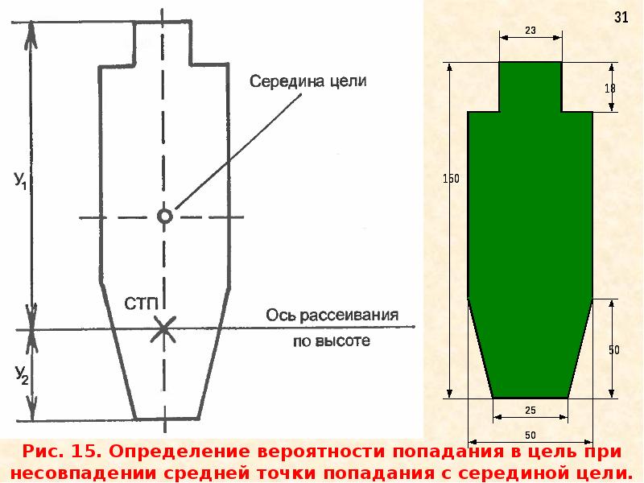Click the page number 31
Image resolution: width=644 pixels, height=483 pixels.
tap(621, 18)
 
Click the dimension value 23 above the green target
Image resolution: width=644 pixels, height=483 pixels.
tap(530, 31)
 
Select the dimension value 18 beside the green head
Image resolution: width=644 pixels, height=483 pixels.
tap(610, 89)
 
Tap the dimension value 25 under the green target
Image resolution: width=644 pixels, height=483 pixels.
tap(530, 411)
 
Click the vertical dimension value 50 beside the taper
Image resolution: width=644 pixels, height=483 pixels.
tap(613, 350)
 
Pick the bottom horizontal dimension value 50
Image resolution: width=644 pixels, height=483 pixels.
tap(530, 436)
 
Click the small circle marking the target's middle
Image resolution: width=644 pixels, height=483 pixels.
tap(164, 216)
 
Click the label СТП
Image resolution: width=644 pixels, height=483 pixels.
tap(142, 303)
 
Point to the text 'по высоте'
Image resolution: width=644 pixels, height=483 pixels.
tap(330, 341)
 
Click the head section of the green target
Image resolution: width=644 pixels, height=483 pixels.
tap(530, 86)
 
